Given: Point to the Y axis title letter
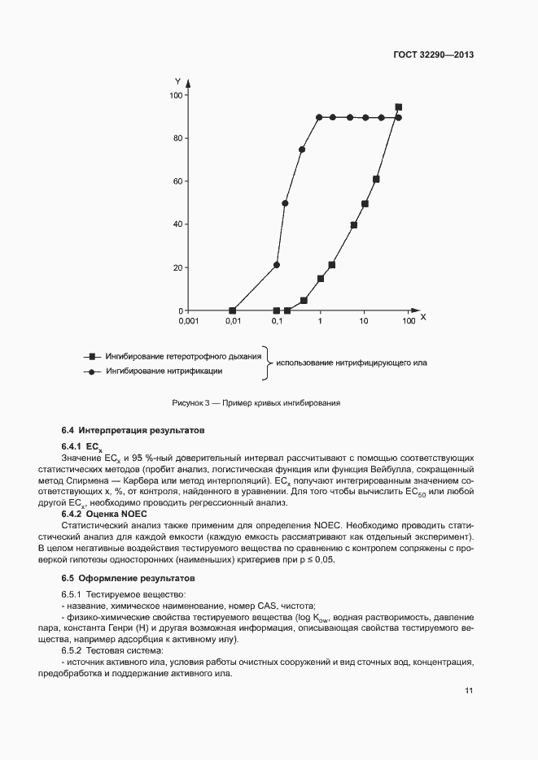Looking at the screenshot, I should click(x=177, y=80).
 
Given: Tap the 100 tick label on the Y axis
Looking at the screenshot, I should click(x=174, y=96).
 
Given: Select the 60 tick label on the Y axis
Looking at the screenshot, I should click(x=177, y=182).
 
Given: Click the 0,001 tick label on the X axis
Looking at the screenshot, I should click(x=188, y=322).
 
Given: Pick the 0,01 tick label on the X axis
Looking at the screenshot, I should click(x=233, y=322).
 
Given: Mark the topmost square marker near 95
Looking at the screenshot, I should click(x=398, y=107).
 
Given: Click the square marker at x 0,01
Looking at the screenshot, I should click(x=233, y=311).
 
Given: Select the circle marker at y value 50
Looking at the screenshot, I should click(x=285, y=203).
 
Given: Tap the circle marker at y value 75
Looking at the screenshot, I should click(x=302, y=150).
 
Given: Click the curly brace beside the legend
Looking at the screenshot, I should click(x=267, y=363).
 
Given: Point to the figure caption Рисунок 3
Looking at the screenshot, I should click(x=256, y=403).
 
